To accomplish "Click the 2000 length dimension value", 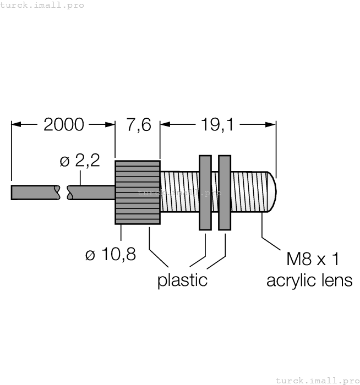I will coord(63,125).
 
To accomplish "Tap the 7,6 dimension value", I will coord(138,125).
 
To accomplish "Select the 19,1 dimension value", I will coord(217,125).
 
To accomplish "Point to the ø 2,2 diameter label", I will coord(80,161).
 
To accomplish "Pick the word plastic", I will coord(182,280).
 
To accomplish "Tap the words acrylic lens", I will coord(309,280).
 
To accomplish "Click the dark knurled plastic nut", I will coord(137,193).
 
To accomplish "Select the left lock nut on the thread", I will coord(205,193).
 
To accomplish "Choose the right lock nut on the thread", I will coord(225,193).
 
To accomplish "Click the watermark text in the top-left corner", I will coord(42,5).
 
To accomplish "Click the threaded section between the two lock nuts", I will coord(215,193).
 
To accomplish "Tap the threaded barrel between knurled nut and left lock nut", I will coord(179,193).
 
